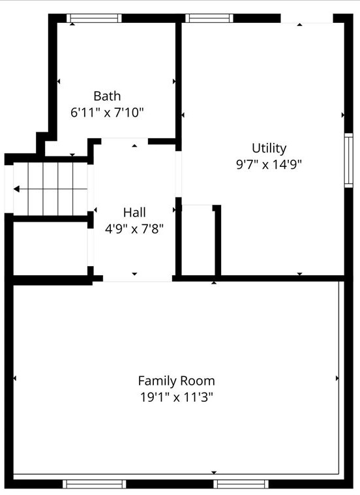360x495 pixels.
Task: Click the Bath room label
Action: [x=107, y=96]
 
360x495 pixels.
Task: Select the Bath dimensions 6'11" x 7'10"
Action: [x=107, y=112]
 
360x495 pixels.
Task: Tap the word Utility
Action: [x=269, y=148]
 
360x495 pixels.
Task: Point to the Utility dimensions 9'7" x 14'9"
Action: [x=269, y=164]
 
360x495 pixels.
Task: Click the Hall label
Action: [x=134, y=212]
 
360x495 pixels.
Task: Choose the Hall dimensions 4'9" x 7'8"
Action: [x=134, y=228]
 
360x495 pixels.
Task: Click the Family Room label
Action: [x=176, y=380]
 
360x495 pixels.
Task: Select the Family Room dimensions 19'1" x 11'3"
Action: [x=176, y=397]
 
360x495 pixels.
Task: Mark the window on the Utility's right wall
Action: [x=349, y=160]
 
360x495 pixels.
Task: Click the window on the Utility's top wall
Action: [x=209, y=18]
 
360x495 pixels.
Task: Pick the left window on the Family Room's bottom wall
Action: [x=94, y=483]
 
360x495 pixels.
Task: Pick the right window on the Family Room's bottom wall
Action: [x=242, y=483]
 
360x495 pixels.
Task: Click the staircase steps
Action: [x=52, y=188]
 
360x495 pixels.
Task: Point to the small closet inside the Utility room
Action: [x=198, y=241]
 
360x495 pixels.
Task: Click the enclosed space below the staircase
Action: [x=50, y=249]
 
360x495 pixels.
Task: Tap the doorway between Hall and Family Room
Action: [x=137, y=279]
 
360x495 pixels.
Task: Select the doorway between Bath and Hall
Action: [x=124, y=140]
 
